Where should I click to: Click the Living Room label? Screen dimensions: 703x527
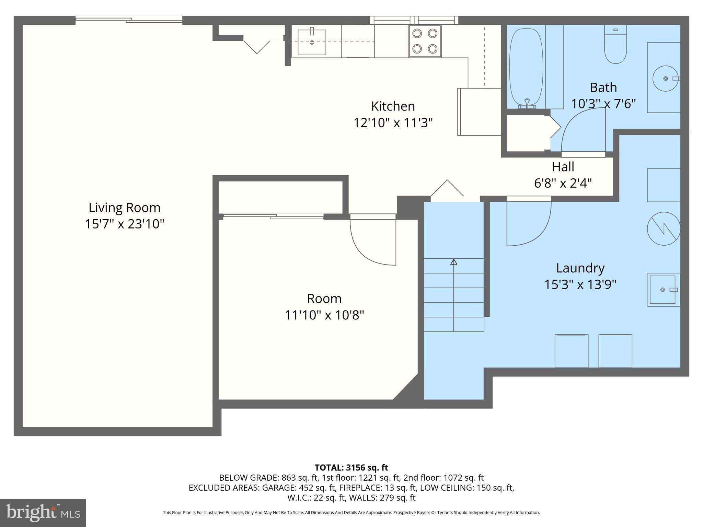tap(125, 208)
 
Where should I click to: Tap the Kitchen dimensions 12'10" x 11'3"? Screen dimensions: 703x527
tap(393, 122)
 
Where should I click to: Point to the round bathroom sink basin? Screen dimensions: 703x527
tap(665, 79)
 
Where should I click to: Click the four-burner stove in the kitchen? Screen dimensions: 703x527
tap(425, 41)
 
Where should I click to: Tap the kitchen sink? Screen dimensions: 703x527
tap(312, 42)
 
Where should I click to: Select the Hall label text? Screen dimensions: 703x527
tap(563, 167)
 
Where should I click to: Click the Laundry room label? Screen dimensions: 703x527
tap(580, 268)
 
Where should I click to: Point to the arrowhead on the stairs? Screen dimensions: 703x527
tap(454, 262)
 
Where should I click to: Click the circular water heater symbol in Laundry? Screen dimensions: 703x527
tap(664, 229)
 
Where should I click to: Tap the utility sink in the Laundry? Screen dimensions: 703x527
tap(664, 290)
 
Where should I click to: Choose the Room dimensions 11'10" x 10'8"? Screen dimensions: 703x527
tap(324, 315)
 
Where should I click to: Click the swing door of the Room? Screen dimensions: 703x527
tap(373, 240)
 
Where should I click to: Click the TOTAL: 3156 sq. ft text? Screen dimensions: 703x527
tap(351, 468)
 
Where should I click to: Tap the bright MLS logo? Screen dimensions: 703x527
tap(43, 513)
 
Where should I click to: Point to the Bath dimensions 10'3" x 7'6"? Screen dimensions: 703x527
tap(603, 103)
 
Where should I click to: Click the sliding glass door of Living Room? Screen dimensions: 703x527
tap(129, 21)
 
